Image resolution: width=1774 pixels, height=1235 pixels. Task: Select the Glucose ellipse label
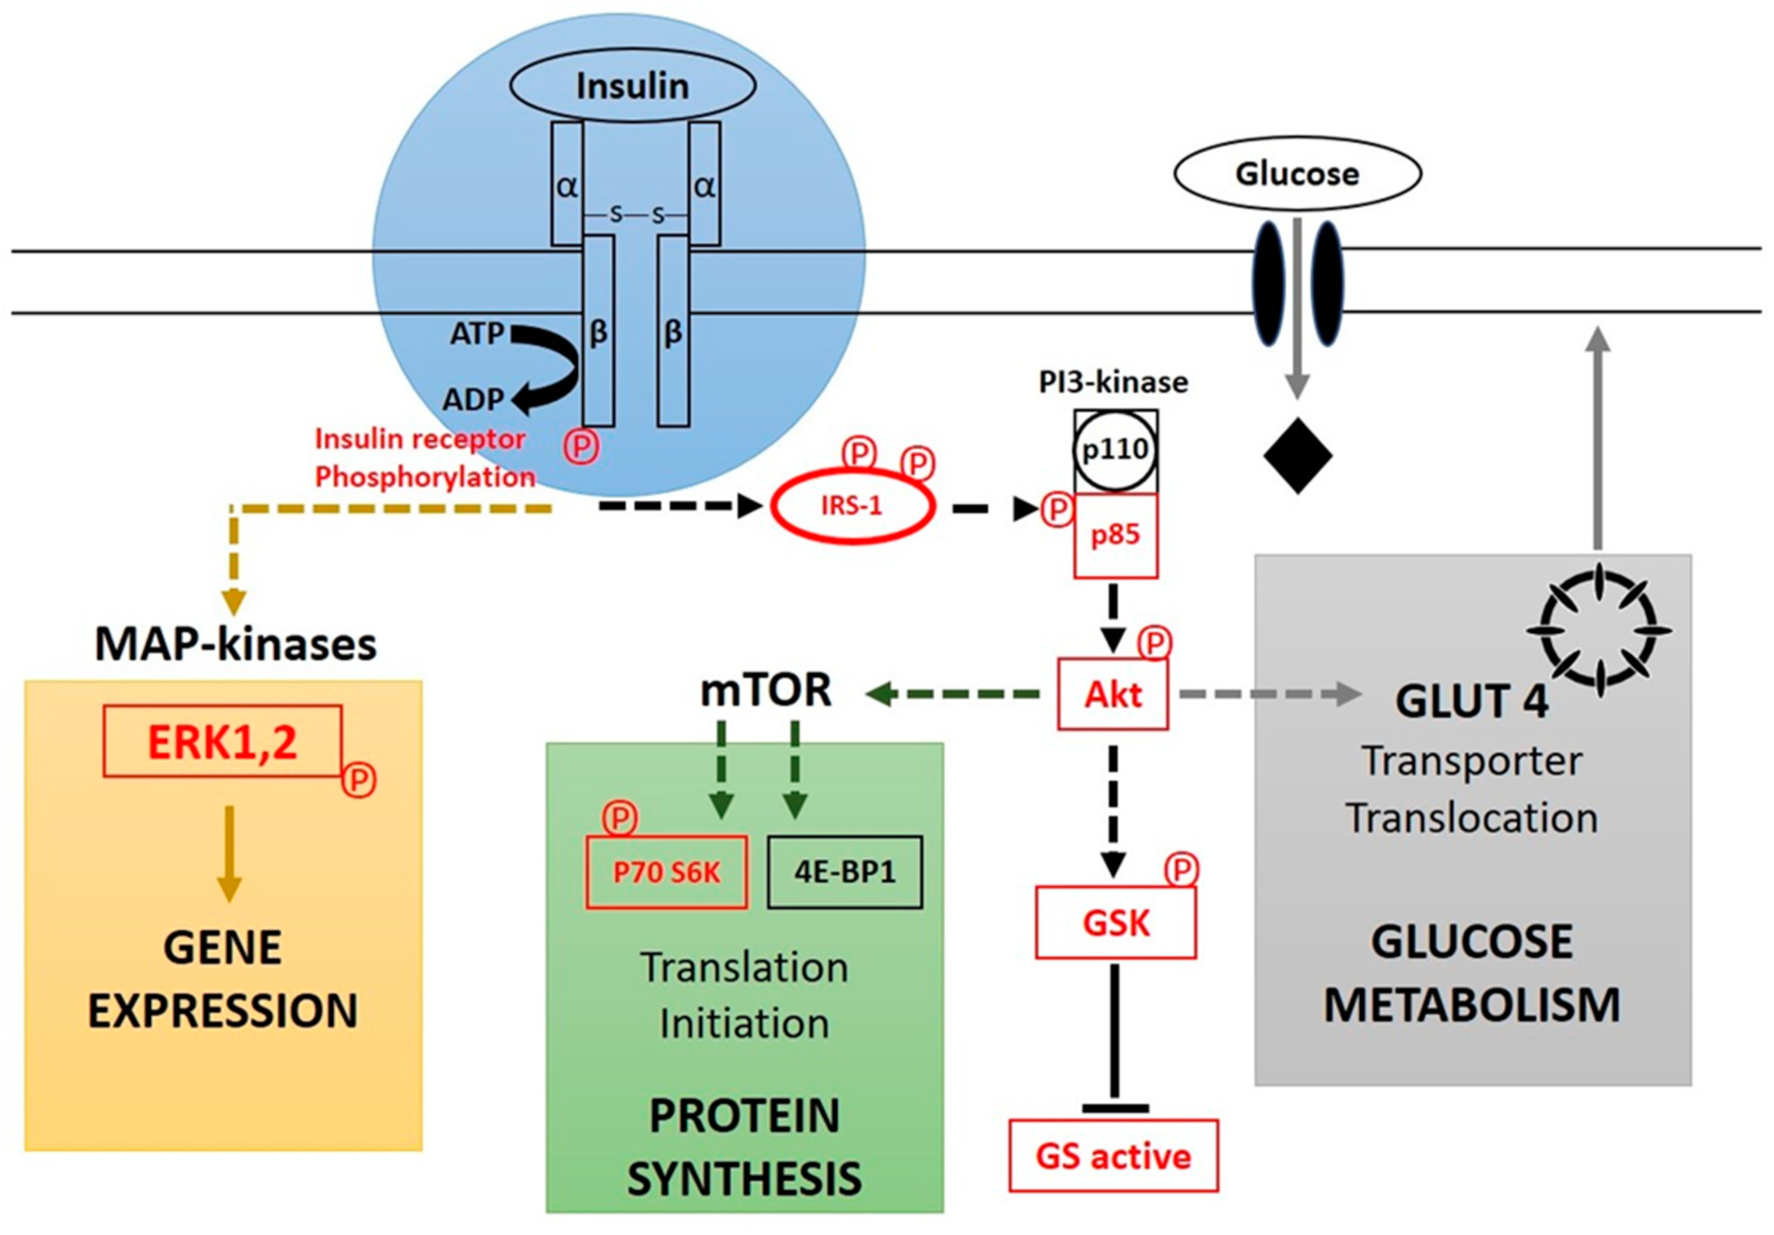click(x=1297, y=174)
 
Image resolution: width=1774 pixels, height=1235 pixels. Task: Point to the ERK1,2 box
click(x=223, y=741)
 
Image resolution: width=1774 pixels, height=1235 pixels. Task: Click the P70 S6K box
click(x=666, y=872)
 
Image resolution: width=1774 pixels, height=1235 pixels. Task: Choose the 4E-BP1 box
click(x=844, y=872)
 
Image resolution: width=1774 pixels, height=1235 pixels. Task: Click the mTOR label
click(x=766, y=690)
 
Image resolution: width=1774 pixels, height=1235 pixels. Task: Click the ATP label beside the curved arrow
click(x=477, y=334)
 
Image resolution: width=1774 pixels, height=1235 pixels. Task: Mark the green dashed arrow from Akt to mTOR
click(x=954, y=694)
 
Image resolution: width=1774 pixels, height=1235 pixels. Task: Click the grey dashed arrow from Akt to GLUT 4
click(x=1267, y=694)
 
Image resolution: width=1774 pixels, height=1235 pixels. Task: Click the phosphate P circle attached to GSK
click(x=1181, y=870)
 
